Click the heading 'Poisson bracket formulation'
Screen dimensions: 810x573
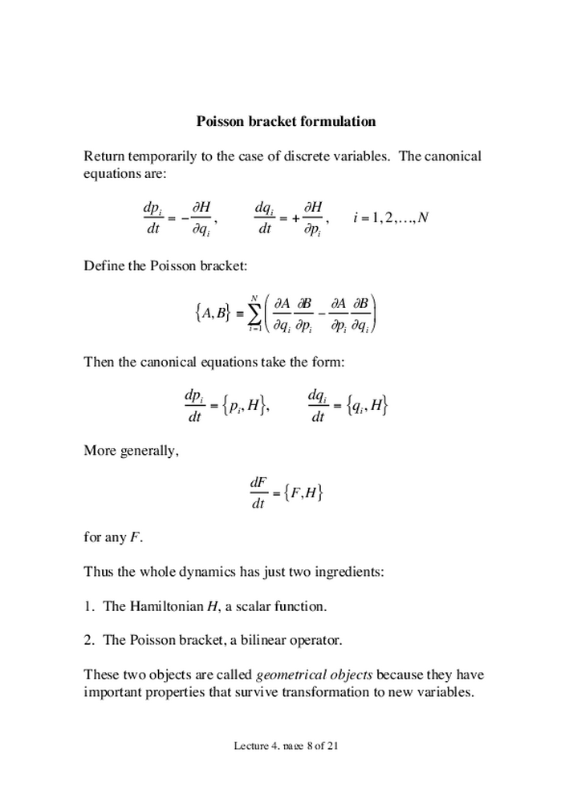(x=286, y=122)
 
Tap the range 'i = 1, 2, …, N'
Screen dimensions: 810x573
(x=391, y=217)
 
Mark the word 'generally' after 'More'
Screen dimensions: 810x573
(x=148, y=450)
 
